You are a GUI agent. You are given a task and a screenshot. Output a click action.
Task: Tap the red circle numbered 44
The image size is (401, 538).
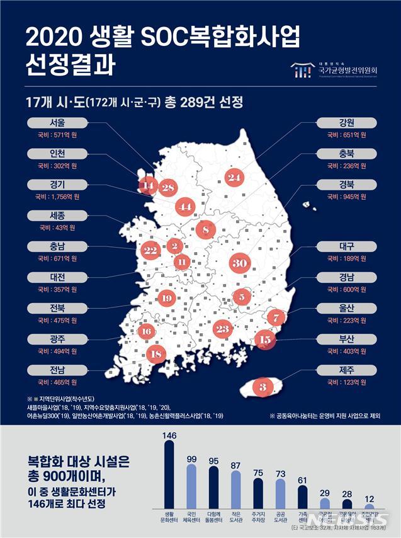click(185, 206)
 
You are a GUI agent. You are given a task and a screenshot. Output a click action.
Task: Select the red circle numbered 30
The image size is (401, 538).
click(239, 263)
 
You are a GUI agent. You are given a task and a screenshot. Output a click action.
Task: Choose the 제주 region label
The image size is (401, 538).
click(347, 369)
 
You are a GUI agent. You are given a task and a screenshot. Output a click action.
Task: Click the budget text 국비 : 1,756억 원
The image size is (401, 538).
click(56, 197)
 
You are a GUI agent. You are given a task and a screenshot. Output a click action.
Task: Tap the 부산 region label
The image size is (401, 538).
click(347, 338)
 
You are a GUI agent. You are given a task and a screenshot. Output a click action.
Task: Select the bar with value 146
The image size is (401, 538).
click(169, 472)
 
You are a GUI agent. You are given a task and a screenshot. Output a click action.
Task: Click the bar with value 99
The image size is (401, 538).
click(192, 486)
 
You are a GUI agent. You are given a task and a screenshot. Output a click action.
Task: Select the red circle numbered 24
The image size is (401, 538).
click(235, 178)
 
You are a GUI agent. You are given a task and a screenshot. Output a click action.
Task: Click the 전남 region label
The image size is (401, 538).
click(55, 369)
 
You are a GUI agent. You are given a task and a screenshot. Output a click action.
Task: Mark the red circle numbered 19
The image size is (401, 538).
click(166, 298)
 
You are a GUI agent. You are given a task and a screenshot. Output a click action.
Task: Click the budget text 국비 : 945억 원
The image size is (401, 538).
click(346, 197)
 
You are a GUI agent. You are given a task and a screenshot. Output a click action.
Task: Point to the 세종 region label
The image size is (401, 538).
click(55, 215)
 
